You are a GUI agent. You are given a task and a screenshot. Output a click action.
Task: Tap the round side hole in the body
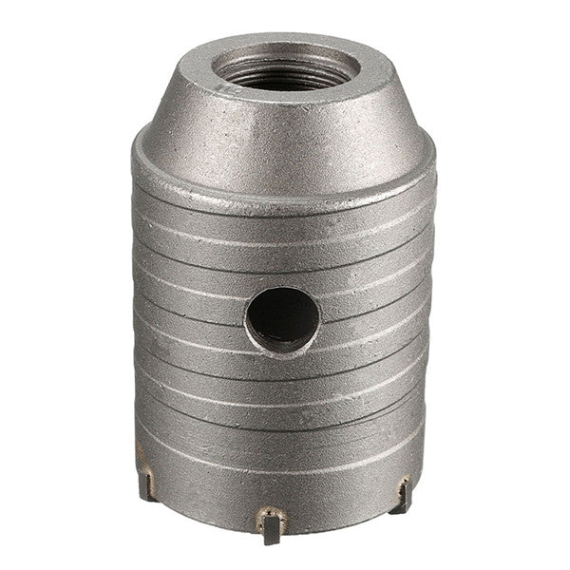(x=282, y=320)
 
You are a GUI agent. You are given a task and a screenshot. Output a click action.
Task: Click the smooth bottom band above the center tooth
(x=275, y=480)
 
